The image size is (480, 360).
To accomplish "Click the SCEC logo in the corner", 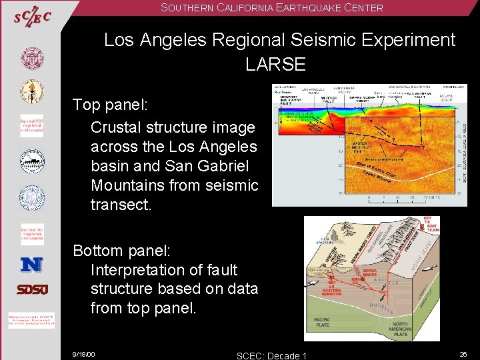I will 31,17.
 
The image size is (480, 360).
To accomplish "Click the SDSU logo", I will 31,289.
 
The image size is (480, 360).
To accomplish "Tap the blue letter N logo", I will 31,265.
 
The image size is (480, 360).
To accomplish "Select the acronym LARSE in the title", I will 275,65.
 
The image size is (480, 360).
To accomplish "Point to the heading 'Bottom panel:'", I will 122,251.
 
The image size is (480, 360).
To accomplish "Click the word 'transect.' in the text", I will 121,205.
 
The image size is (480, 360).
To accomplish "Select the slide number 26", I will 463,354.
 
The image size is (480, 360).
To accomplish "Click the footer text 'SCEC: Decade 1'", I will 272,355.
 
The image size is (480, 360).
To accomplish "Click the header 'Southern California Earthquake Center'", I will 273,8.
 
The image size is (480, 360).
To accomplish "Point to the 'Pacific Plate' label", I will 322,323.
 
